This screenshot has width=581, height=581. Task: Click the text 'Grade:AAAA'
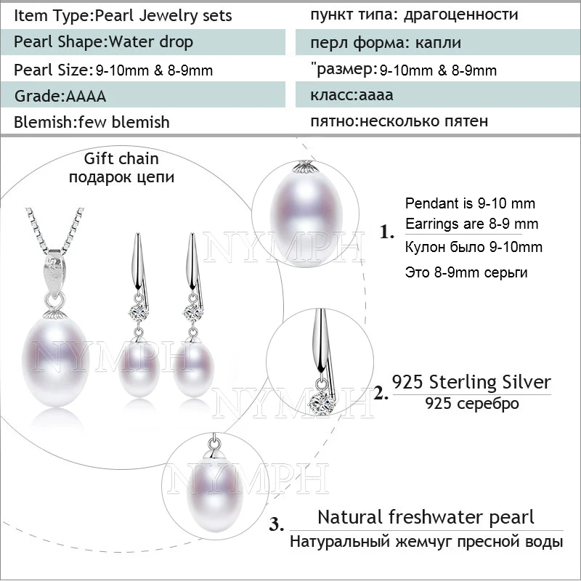coord(60,96)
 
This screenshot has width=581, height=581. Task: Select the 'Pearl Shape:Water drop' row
coord(143,42)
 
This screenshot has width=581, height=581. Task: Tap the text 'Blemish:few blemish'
coord(92,122)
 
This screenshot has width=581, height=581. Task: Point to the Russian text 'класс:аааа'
coord(352,95)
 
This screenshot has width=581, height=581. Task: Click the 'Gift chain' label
coord(121,158)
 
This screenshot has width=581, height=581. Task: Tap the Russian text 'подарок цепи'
coord(121,176)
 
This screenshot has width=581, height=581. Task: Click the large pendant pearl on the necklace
coord(56,362)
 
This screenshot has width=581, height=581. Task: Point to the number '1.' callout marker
coord(387,232)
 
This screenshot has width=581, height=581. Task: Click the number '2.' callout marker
coord(381,393)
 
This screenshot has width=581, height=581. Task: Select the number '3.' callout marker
coord(277,524)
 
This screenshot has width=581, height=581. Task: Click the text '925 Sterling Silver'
coord(471,382)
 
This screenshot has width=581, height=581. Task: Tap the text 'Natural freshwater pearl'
coord(426,517)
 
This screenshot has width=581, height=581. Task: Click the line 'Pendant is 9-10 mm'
coord(470,203)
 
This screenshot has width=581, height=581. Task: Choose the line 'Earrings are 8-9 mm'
coord(471,224)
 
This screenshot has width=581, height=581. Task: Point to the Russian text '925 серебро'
coord(471,403)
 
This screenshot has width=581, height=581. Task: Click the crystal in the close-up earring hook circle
coord(320,400)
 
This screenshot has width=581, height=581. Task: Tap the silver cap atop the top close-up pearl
coord(305,168)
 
